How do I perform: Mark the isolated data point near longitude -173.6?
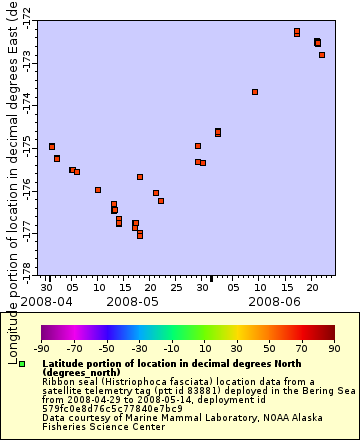(255, 92)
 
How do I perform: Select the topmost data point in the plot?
(297, 33)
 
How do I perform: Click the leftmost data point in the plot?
(52, 147)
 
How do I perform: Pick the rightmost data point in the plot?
(322, 55)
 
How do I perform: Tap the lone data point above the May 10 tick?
(98, 190)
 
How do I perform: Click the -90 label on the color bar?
(41, 348)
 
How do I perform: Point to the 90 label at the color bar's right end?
(334, 348)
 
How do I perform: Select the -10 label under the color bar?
(171, 348)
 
